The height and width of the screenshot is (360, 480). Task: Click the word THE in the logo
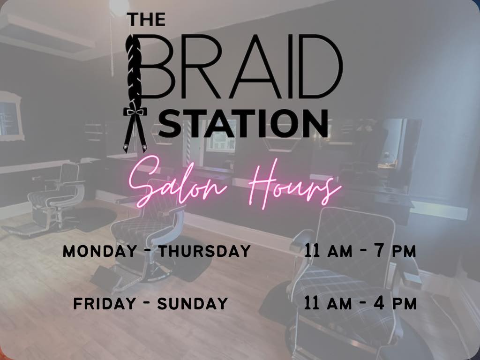[146, 19]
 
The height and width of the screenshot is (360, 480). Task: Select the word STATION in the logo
[243, 123]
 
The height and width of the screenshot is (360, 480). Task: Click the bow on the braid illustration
[135, 112]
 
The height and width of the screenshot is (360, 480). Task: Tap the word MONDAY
[100, 251]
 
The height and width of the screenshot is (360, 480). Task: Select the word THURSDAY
[205, 251]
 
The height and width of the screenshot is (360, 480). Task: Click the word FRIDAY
[105, 304]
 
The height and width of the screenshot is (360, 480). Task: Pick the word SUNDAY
[193, 304]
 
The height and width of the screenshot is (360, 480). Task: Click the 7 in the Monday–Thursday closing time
[380, 251]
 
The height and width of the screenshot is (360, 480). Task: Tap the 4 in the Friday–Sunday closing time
[379, 303]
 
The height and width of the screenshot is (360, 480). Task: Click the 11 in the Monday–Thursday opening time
[312, 251]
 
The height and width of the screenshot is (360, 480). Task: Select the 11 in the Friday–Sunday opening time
[312, 303]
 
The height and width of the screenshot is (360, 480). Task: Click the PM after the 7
[405, 252]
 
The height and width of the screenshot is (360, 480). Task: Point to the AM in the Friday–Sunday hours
[339, 304]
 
